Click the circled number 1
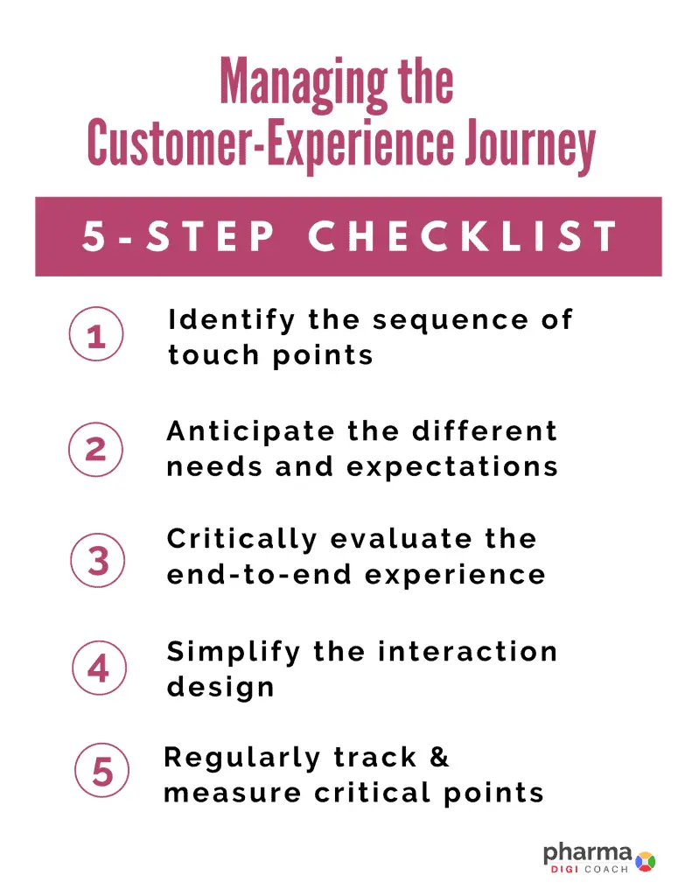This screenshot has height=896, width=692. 96,333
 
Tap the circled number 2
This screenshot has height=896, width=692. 95,449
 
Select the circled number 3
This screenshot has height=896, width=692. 98,561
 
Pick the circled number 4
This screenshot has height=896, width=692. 99,668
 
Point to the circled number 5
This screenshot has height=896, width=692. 101,771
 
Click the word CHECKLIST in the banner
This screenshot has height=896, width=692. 463,236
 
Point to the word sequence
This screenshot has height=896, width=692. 451,322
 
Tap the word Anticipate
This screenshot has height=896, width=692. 250,432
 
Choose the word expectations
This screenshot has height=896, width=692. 452,468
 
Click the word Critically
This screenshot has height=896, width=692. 241,540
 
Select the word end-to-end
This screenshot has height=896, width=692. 259,574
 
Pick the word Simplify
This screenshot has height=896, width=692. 233,653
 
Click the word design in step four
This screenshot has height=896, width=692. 220,688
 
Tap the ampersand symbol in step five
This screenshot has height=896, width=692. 439,757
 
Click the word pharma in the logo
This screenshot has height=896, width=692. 587,854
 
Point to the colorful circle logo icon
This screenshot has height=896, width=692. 645,861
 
